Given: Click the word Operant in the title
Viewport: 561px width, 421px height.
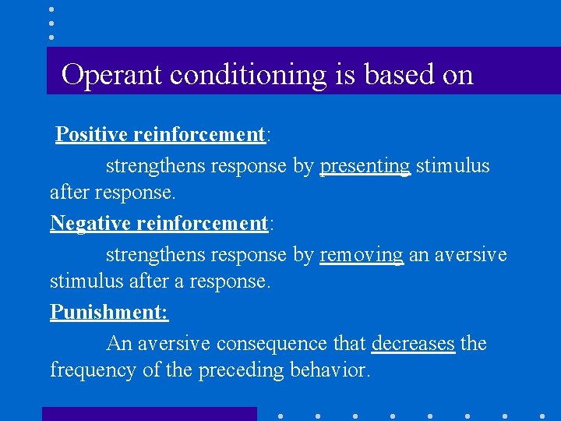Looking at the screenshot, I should [x=112, y=75].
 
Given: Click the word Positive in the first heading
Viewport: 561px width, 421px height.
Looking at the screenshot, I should [x=92, y=135].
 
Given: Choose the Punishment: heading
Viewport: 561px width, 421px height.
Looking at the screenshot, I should [x=109, y=312].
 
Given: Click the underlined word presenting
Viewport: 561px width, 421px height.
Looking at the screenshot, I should [x=365, y=166].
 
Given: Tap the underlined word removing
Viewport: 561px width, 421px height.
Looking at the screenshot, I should [x=362, y=255].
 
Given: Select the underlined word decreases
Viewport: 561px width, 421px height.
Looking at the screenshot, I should [x=413, y=344].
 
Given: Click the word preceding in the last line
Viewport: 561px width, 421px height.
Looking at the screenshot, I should [x=235, y=370].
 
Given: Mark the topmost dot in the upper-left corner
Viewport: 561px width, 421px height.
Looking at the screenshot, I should [x=51, y=9].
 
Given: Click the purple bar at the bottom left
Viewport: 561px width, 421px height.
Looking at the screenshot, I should [x=149, y=414].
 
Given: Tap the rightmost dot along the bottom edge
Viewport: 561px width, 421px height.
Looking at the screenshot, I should [x=542, y=416].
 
